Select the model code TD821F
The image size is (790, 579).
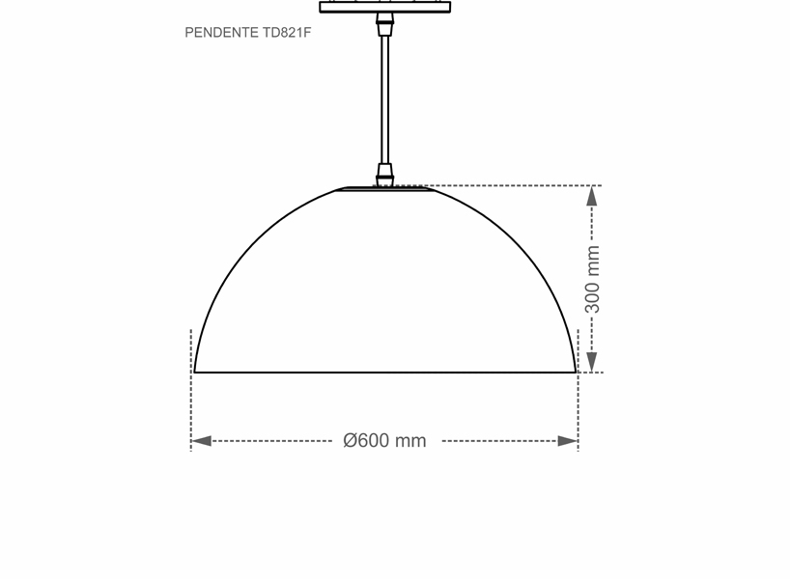pos(287,33)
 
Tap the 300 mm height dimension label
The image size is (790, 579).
pos(593,279)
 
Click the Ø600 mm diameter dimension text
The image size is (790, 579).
pos(384,441)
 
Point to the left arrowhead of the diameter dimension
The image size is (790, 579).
pos(201,441)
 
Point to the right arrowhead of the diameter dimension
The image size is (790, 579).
pos(568,441)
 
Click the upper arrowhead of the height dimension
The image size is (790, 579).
pos(592,196)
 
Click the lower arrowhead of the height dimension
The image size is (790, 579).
pos(592,362)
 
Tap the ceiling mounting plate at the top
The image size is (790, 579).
pos(384,7)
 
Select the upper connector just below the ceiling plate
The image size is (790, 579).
pos(385,23)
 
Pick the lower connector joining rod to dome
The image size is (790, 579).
pos(385,176)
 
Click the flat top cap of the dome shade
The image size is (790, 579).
pos(385,189)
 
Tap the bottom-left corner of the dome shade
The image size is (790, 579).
pos(196,371)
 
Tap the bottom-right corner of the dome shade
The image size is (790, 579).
pos(575,371)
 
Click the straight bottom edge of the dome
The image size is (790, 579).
pos(385,372)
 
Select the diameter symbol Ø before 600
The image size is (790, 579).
pos(351,441)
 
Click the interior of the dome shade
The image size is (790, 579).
pos(385,289)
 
